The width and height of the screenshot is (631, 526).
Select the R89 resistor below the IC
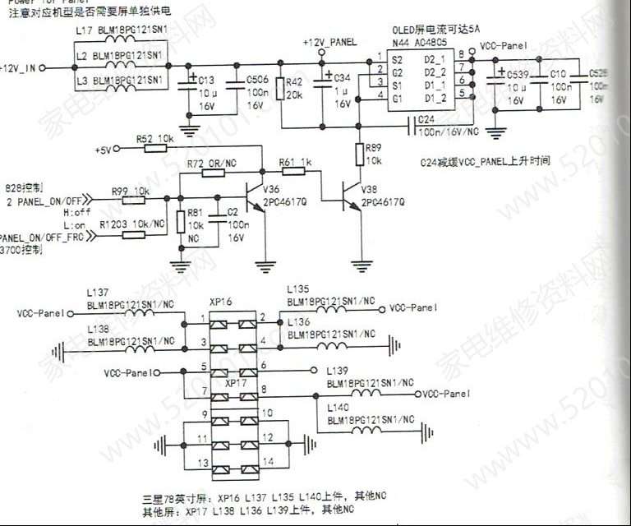[x=360, y=153]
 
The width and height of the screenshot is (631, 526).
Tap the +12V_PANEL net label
[x=330, y=40]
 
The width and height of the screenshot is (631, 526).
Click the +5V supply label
[x=103, y=150]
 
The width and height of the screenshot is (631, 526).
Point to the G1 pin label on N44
[x=396, y=99]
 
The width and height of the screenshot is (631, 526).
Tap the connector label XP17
[x=236, y=383]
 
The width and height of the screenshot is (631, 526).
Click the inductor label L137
[x=98, y=292]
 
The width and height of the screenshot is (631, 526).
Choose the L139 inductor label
[x=337, y=371]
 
